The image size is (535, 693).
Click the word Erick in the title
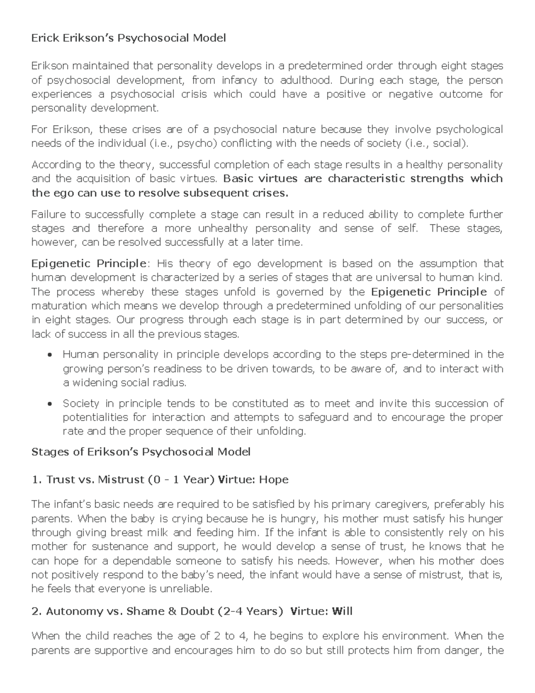click(44, 38)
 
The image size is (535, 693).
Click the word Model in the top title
click(209, 38)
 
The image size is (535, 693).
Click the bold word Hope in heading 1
click(274, 480)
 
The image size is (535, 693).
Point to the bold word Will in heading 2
click(342, 611)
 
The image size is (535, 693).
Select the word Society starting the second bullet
click(81, 404)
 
